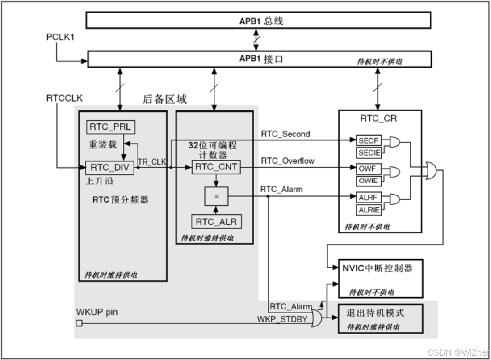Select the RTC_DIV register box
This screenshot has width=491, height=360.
109,168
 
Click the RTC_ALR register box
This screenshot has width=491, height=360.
216,221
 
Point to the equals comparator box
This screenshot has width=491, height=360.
216,196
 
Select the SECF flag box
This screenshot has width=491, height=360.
368,141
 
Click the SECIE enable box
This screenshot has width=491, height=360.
369,153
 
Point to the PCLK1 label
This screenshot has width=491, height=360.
60,37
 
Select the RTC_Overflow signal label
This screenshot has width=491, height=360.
288,161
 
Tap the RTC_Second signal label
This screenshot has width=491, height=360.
285,134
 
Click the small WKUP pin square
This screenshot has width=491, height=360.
79,323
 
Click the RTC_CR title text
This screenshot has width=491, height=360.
378,119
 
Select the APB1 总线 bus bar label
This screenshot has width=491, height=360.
261,21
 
